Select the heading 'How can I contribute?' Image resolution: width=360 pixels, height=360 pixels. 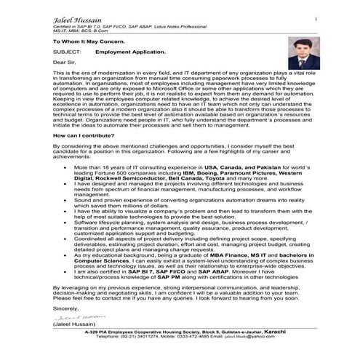84,135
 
